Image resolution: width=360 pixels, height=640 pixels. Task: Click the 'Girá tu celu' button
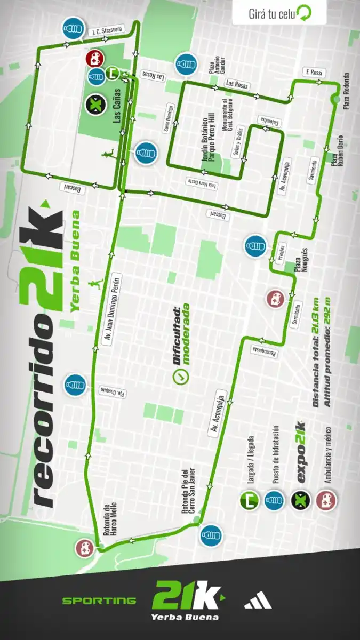pos(279,13)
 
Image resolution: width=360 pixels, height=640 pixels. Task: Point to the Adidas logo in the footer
pos(258,601)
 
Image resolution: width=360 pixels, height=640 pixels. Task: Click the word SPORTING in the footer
pos(99,601)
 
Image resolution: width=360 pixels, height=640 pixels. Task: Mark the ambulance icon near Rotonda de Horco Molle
pos(85,548)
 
